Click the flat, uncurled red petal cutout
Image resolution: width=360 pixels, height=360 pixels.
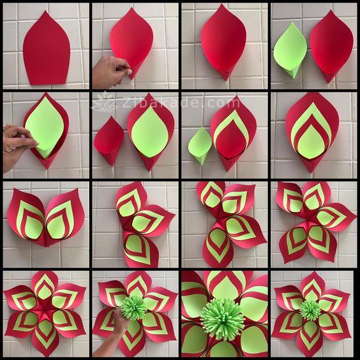coord(47,49)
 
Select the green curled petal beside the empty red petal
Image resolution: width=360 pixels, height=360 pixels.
coord(290,50)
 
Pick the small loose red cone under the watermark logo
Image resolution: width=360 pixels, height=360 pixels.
coord(109,140)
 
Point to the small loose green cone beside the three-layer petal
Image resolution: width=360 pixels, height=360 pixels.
coord(200,146)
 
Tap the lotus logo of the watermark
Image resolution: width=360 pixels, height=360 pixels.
coord(105,103)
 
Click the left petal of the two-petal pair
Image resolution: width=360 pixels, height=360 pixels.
coord(26,216)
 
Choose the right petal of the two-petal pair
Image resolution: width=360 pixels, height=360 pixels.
coord(64,216)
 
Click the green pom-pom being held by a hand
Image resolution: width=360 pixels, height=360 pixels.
coord(133,308)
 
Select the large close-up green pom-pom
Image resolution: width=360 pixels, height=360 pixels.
coord(222,319)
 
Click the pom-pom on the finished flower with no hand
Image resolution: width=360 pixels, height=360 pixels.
coord(310,310)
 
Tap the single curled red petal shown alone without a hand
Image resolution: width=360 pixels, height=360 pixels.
coord(223,41)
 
